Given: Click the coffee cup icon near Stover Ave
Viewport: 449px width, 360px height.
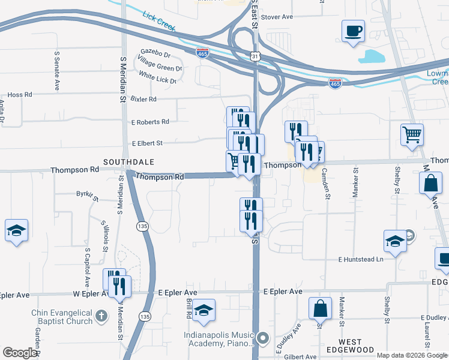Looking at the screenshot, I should (x=353, y=30).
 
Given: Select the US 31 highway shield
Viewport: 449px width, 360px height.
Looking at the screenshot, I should (x=255, y=56).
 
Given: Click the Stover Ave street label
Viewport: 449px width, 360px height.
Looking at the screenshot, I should (x=277, y=16).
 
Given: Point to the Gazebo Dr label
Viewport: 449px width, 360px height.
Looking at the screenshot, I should (x=155, y=52).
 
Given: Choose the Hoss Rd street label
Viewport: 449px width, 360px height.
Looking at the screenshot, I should (x=19, y=95).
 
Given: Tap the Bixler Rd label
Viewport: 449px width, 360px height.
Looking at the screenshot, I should (x=143, y=99).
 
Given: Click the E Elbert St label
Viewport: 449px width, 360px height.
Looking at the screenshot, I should (x=147, y=143).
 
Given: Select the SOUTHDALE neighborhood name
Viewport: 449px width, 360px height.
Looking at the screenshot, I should (x=129, y=162).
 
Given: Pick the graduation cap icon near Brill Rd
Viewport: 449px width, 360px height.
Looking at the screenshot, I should (x=204, y=310).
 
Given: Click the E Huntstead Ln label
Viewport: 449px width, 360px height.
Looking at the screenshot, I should (x=360, y=259).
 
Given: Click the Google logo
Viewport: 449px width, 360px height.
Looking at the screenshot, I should (x=20, y=353).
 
